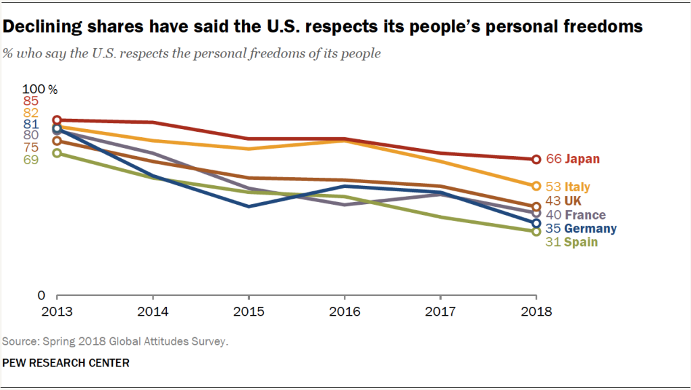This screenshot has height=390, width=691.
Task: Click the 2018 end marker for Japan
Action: [536, 160]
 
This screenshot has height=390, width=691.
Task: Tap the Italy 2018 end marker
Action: [536, 186]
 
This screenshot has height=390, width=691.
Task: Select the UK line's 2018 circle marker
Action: [536, 207]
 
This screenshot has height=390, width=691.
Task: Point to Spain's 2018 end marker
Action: [536, 231]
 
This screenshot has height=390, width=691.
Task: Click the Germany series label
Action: [590, 228]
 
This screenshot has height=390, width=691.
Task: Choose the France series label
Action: [585, 215]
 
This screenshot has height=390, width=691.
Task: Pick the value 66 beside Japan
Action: [554, 160]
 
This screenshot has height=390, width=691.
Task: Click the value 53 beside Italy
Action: [554, 187]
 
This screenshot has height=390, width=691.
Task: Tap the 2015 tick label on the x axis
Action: [249, 312]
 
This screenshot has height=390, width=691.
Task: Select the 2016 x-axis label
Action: [344, 312]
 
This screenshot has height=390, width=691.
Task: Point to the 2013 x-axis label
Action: [57, 312]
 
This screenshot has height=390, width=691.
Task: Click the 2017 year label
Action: [440, 312]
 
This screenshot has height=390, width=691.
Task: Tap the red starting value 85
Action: [30, 101]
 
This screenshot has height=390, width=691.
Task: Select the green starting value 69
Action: [30, 160]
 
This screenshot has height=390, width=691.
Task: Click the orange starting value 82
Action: [30, 113]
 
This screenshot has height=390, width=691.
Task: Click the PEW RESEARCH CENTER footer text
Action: [66, 363]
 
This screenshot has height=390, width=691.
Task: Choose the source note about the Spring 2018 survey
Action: [115, 341]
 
